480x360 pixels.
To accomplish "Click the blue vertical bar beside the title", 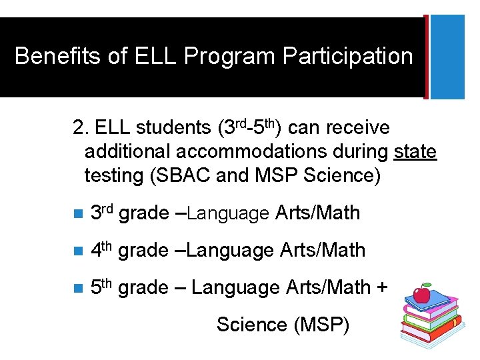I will (448, 57).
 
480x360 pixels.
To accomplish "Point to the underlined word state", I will (415, 151).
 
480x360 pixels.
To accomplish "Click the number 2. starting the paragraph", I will (81, 127).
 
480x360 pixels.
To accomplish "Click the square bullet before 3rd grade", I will (77, 214).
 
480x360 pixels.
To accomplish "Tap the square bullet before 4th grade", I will (77, 251).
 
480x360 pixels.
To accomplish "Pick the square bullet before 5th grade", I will (77, 289).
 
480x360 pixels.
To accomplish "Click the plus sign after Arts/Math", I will (381, 288).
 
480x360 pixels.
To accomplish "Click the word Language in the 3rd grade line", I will (227, 214).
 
